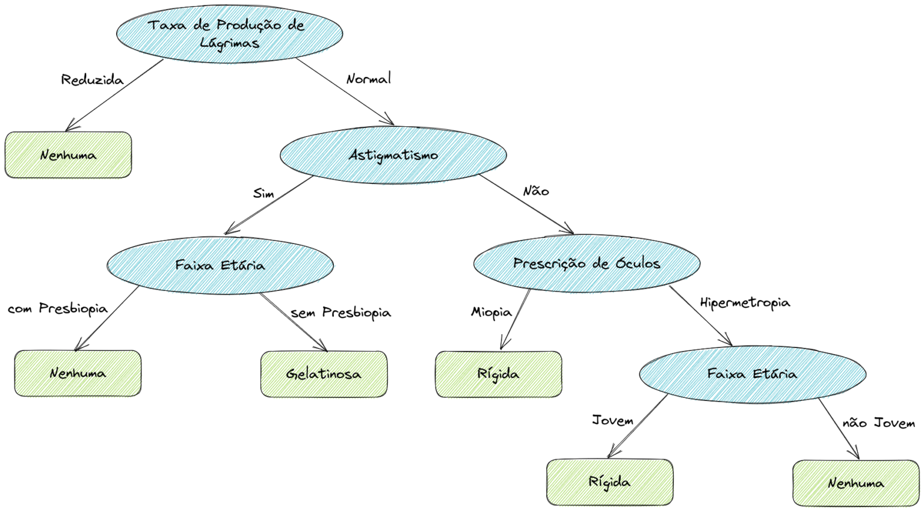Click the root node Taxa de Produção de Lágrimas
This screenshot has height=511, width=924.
[229, 34]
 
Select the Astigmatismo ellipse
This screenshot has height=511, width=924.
[393, 155]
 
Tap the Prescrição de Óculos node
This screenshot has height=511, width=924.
[587, 263]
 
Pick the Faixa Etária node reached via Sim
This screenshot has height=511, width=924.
[220, 265]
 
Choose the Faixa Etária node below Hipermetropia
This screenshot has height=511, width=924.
[752, 374]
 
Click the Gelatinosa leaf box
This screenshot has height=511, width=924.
[324, 374]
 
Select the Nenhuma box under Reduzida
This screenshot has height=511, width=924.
[68, 155]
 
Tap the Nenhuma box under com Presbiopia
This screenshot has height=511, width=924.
[78, 373]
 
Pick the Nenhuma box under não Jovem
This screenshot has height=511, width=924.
[855, 483]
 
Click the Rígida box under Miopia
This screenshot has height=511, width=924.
[498, 374]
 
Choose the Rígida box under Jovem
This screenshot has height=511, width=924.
[609, 482]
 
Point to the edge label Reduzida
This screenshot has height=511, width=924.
[92, 80]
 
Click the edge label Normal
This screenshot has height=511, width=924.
[368, 79]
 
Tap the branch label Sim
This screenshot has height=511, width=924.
[263, 194]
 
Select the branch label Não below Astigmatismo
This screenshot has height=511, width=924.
[535, 191]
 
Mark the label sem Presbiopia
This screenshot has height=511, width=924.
[340, 313]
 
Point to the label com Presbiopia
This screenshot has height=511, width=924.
[58, 309]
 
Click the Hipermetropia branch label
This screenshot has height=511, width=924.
[745, 303]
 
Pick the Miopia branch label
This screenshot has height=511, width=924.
[491, 312]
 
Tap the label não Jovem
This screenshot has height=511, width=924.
[878, 423]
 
